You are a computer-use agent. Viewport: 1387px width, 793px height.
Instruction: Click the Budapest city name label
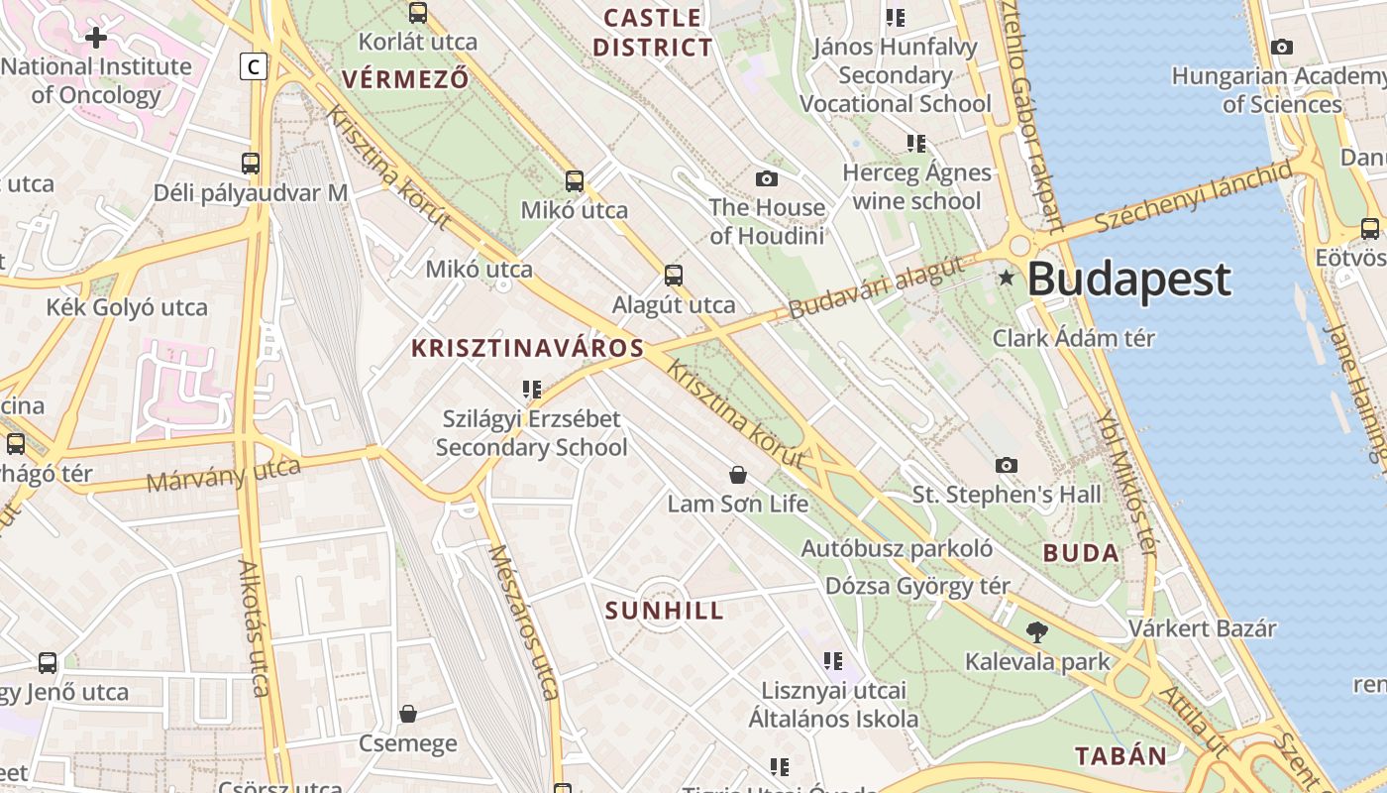[1128, 280]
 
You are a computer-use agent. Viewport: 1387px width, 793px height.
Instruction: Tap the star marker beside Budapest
[1007, 278]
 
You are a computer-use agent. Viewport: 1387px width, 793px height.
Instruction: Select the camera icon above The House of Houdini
[766, 178]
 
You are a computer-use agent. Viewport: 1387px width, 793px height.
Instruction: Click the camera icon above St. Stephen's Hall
[1006, 465]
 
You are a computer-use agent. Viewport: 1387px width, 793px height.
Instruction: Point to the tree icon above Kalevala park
[1037, 631]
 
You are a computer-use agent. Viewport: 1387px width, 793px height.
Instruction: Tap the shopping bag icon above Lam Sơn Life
[737, 475]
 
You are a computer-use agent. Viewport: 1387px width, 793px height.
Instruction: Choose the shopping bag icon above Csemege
[407, 714]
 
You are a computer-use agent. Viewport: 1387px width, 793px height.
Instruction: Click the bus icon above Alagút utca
[674, 276]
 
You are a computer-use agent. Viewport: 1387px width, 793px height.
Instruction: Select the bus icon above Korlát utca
[418, 13]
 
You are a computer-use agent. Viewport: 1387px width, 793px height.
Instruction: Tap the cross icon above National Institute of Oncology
[96, 38]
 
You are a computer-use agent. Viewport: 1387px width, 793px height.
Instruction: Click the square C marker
[254, 66]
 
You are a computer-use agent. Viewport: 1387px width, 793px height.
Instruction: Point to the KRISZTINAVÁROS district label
[527, 348]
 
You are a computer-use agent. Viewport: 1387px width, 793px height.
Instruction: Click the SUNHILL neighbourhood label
[664, 611]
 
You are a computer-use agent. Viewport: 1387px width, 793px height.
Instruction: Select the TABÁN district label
[1121, 755]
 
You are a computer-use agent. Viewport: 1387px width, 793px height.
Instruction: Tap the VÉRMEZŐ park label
[404, 79]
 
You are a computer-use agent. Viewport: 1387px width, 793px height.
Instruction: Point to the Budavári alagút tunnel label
[876, 287]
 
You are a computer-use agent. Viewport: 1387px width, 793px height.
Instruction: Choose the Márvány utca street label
[223, 475]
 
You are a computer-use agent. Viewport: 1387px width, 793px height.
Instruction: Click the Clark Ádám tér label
[1074, 338]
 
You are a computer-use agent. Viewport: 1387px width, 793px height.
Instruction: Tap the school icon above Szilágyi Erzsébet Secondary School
[532, 390]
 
